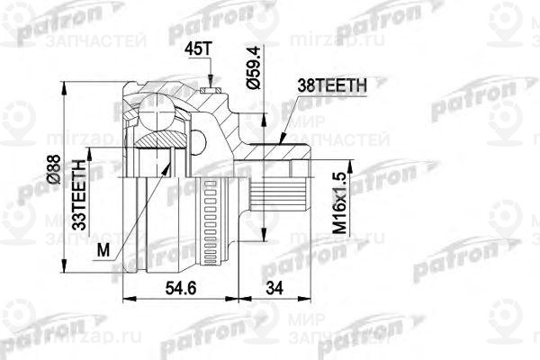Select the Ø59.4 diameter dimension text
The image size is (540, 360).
tap(255, 67)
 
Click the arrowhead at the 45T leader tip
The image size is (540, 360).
tap(211, 82)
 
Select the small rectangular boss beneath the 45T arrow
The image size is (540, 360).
tap(212, 89)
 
